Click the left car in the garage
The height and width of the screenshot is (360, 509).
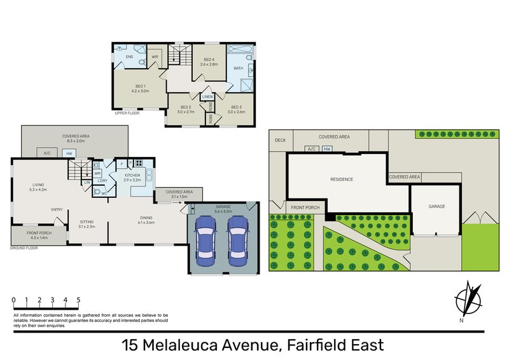pyautogui.click(x=207, y=242)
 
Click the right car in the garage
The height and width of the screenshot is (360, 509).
pyautogui.click(x=237, y=242)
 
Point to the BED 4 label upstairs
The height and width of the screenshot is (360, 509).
pyautogui.click(x=209, y=60)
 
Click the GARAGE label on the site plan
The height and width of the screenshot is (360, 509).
pyautogui.click(x=436, y=207)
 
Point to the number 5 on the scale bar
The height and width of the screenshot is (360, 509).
pyautogui.click(x=78, y=300)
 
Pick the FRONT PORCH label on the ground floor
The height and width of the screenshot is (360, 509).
pyautogui.click(x=39, y=233)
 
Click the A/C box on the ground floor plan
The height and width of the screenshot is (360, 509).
pyautogui.click(x=47, y=153)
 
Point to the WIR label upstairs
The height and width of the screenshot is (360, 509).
pyautogui.click(x=155, y=57)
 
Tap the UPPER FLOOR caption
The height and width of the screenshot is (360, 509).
pyautogui.click(x=127, y=113)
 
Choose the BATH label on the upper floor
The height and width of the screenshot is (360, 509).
pyautogui.click(x=239, y=68)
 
